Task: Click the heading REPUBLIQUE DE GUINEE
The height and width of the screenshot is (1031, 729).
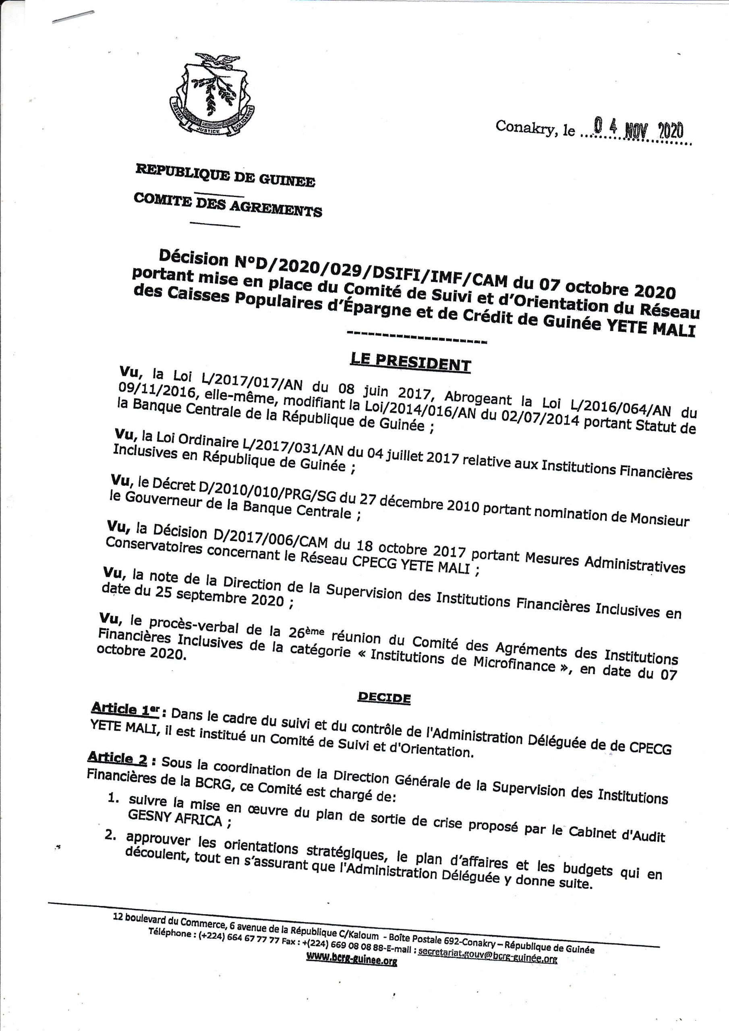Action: [225, 175]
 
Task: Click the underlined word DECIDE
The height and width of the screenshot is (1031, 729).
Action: [384, 698]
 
